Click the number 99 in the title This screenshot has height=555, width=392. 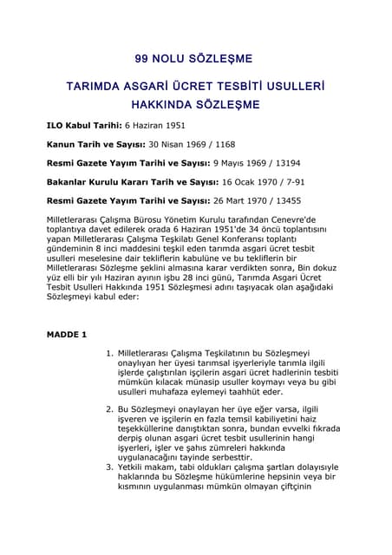click(143, 59)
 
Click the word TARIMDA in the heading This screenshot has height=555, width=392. click(98, 88)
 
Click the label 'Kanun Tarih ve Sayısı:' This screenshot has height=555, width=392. click(99, 145)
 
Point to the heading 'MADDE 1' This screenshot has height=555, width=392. click(67, 334)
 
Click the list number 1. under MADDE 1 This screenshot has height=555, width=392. click(109, 354)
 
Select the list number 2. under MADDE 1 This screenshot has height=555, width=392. click(109, 408)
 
